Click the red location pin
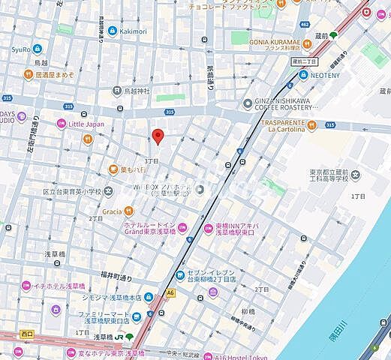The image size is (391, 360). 158,136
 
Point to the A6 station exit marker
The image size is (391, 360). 171,294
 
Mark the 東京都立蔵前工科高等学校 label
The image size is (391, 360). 335,177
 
